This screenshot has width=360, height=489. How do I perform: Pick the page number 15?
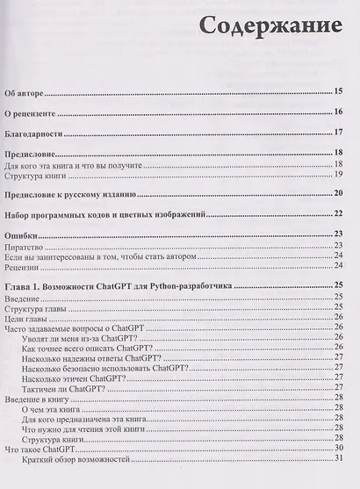(x=337, y=91)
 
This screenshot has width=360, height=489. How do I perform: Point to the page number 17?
(x=337, y=133)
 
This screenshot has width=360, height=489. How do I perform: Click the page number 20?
(x=337, y=193)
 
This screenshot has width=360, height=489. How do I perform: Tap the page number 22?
(x=337, y=214)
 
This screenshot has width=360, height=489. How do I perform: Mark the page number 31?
(x=337, y=462)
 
